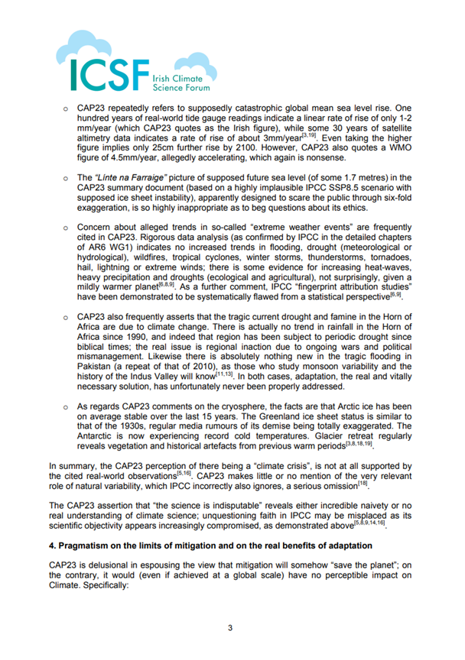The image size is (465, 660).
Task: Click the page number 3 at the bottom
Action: [x=232, y=629]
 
